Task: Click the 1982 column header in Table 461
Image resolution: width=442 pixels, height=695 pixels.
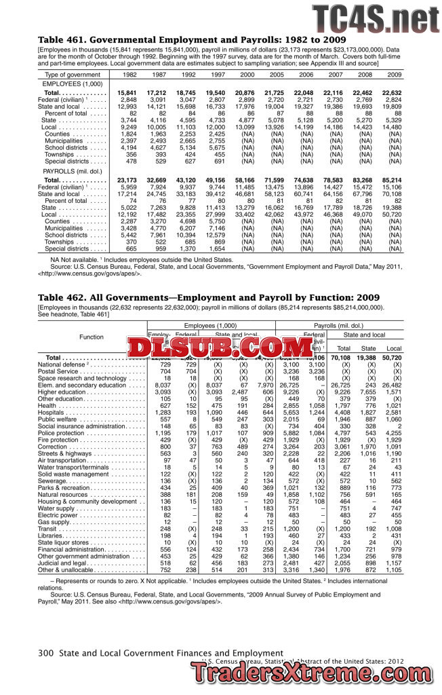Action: click(128, 74)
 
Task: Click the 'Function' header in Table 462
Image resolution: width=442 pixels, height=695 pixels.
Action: click(92, 337)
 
